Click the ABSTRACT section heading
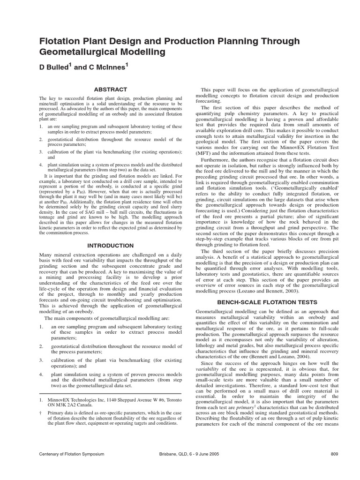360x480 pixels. (111, 89)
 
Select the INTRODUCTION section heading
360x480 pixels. (111, 246)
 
